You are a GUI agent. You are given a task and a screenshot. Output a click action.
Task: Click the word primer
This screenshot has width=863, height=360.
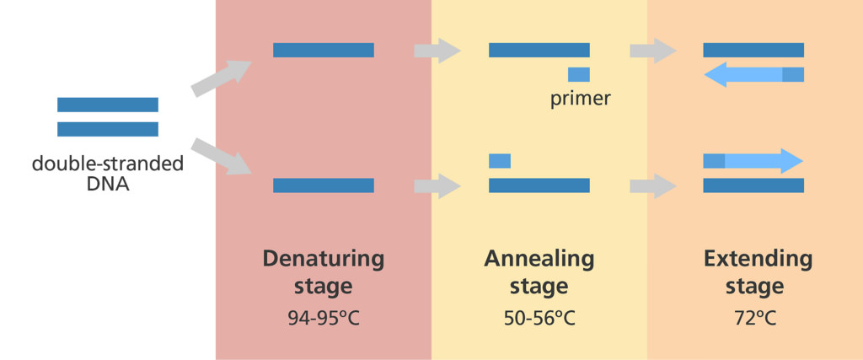coord(580,99)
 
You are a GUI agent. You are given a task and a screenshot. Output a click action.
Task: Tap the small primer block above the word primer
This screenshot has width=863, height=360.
coord(579,74)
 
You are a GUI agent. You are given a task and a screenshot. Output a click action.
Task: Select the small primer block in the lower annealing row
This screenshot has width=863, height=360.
coord(500,160)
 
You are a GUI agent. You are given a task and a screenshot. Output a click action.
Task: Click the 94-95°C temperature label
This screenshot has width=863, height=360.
coord(323,320)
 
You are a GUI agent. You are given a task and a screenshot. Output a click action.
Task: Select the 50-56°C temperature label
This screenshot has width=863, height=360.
coord(539,320)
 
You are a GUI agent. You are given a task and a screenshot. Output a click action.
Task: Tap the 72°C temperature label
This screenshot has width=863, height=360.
coord(754,320)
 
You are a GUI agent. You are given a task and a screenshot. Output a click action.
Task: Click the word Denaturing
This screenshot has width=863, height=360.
coord(323,258)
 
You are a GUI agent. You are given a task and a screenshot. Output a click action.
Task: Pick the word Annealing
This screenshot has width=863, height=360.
coord(539,258)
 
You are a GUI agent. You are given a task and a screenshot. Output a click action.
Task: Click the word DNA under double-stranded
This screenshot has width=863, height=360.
coord(108,183)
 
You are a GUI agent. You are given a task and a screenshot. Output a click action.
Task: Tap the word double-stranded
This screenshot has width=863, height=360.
coord(108,164)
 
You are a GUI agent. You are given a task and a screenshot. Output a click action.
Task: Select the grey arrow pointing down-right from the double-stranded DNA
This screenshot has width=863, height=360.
coord(221,158)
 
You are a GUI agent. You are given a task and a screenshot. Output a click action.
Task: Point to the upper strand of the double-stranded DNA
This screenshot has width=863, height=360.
coord(108,105)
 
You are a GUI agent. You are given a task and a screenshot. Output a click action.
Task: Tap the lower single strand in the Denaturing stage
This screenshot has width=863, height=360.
coord(324,185)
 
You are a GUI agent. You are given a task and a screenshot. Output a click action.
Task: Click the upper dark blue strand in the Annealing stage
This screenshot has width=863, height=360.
coord(539,51)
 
